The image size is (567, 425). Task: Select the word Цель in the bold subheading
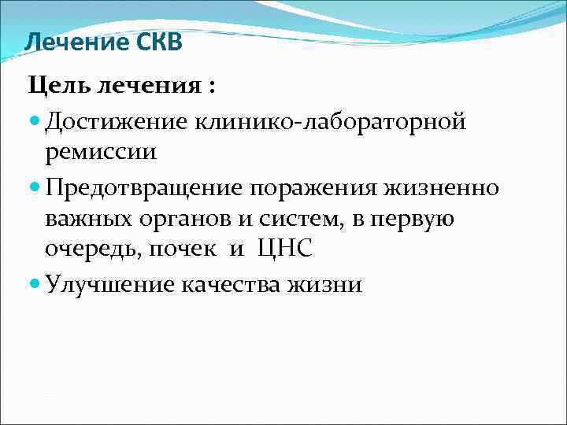pyautogui.click(x=59, y=84)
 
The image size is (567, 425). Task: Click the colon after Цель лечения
pyautogui.click(x=210, y=86)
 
